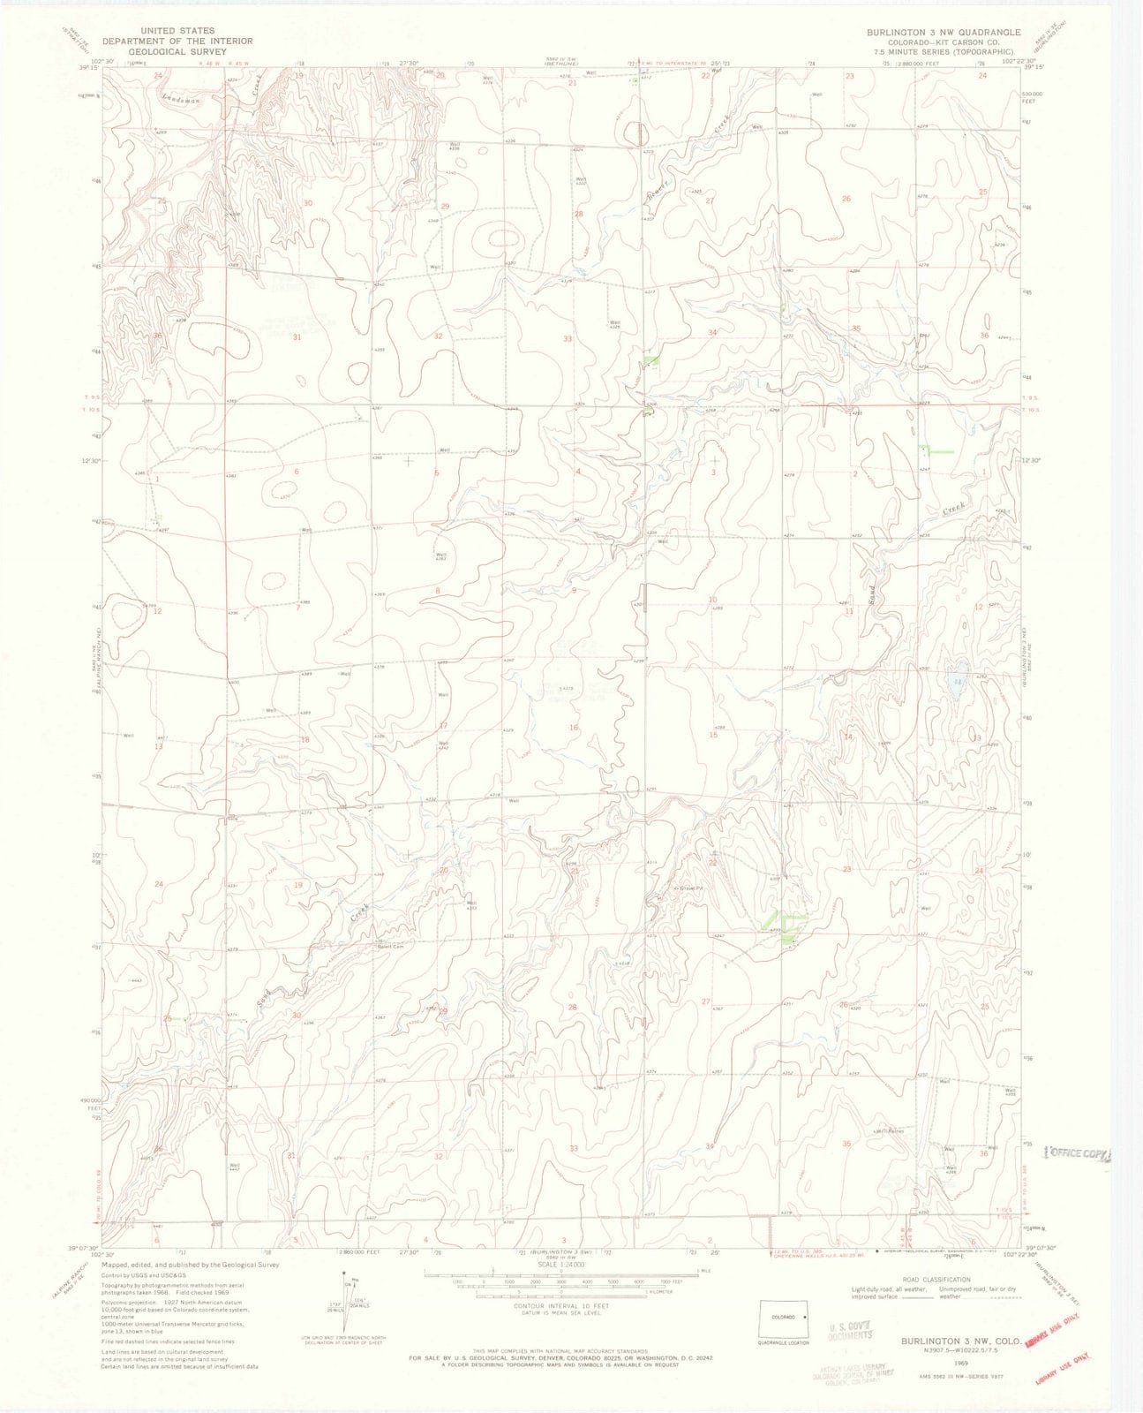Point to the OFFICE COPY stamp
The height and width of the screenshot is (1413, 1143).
1078,1153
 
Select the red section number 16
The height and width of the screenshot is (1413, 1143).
574,728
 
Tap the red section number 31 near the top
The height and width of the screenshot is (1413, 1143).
297,337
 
